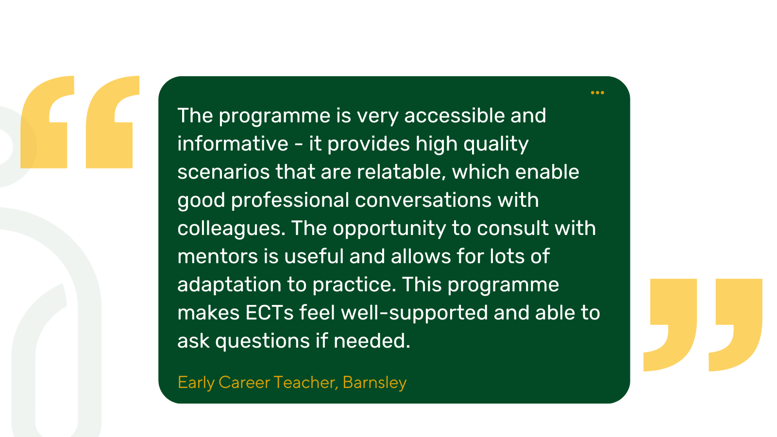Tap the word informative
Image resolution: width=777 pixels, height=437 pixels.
[233, 144]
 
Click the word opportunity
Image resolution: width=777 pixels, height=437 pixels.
[389, 229]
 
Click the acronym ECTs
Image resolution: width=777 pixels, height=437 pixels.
[270, 313]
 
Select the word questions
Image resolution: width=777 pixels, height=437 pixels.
[262, 341]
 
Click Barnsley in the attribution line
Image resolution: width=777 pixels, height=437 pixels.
[374, 383]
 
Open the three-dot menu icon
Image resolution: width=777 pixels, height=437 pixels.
[597, 93]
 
